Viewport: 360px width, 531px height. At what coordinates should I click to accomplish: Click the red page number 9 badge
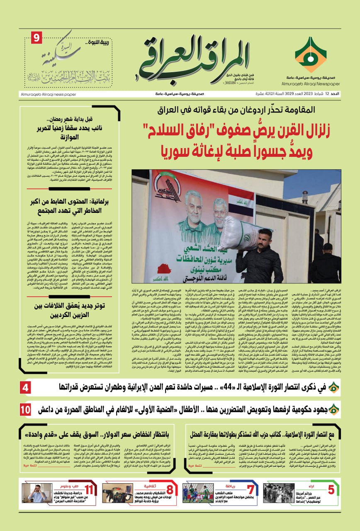tap(36, 39)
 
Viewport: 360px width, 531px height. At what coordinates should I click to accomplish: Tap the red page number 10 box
tap(26, 409)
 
